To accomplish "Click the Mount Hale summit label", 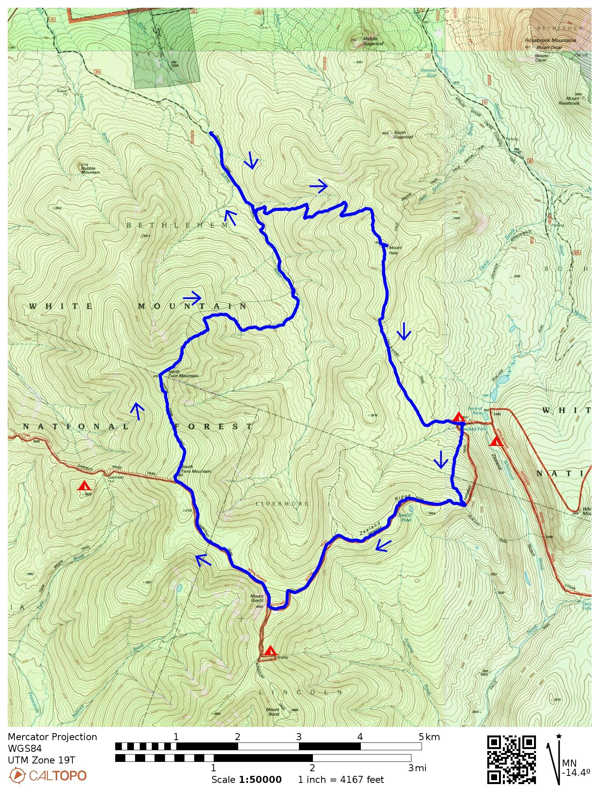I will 395,250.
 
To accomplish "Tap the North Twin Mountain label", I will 183,374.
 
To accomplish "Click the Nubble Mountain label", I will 90,170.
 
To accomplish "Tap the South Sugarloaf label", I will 402,134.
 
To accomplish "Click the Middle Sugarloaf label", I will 372,41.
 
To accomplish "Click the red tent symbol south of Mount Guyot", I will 269,650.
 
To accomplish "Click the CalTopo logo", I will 47,776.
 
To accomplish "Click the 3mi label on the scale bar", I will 417,768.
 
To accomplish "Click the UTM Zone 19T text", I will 41,760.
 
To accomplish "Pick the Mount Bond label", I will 273,711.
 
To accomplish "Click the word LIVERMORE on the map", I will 282,504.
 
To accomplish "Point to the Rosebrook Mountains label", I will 550,40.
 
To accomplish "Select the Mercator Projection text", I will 52,737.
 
